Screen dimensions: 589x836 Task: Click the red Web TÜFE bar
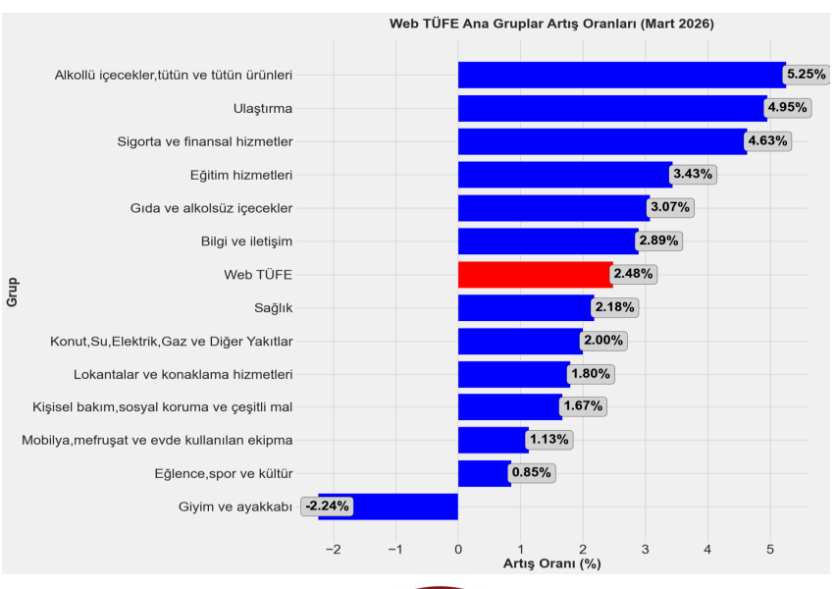tap(535, 274)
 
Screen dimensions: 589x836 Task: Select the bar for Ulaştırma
tap(612, 108)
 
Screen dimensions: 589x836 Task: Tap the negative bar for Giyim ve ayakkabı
tap(388, 507)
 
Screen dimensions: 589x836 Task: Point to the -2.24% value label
tap(327, 507)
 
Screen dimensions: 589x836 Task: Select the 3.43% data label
tap(694, 175)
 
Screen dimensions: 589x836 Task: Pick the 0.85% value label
tap(532, 473)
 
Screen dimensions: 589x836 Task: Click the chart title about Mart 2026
tap(551, 23)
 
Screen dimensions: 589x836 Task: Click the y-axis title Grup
tap(13, 292)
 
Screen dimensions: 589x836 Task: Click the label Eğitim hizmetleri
tap(240, 175)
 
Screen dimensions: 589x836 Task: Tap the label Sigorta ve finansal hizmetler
tap(204, 141)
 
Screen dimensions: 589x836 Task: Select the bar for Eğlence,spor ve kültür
tap(484, 473)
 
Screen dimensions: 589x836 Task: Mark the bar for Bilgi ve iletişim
tap(548, 241)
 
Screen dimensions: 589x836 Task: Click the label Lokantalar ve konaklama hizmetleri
tap(183, 374)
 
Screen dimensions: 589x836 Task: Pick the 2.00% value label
tap(603, 341)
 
